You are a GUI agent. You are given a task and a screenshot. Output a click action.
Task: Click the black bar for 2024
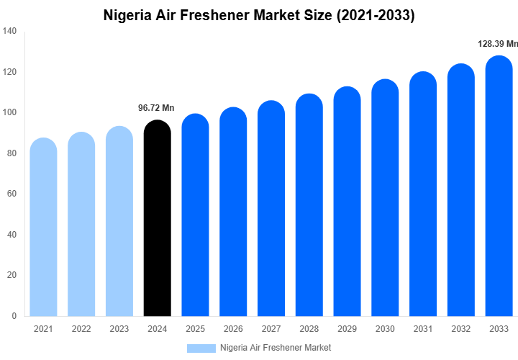coord(157,220)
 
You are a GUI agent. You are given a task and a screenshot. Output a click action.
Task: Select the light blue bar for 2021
coord(43,227)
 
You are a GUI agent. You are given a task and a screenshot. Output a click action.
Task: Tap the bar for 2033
coord(499,187)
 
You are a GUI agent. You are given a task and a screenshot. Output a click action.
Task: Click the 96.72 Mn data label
coord(156,108)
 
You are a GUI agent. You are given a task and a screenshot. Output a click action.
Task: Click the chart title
coord(259,14)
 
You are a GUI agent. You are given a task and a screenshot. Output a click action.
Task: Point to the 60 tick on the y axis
coord(12,194)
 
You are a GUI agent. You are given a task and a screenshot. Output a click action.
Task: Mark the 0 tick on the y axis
coord(14,316)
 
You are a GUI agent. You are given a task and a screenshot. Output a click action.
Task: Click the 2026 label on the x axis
coord(232,329)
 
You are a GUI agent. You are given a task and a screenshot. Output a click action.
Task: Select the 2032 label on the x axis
coord(460,329)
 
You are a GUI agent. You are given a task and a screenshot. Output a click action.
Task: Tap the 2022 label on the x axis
coord(81,329)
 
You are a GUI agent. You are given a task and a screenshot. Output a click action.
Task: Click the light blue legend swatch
coord(201,348)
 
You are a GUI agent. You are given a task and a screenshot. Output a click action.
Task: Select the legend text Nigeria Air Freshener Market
coord(276,348)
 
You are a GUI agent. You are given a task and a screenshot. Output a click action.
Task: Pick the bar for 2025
coord(195,216)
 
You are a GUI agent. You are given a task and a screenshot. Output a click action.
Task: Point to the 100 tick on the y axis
coord(9,113)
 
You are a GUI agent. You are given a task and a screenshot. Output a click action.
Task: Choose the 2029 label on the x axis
coord(347,329)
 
